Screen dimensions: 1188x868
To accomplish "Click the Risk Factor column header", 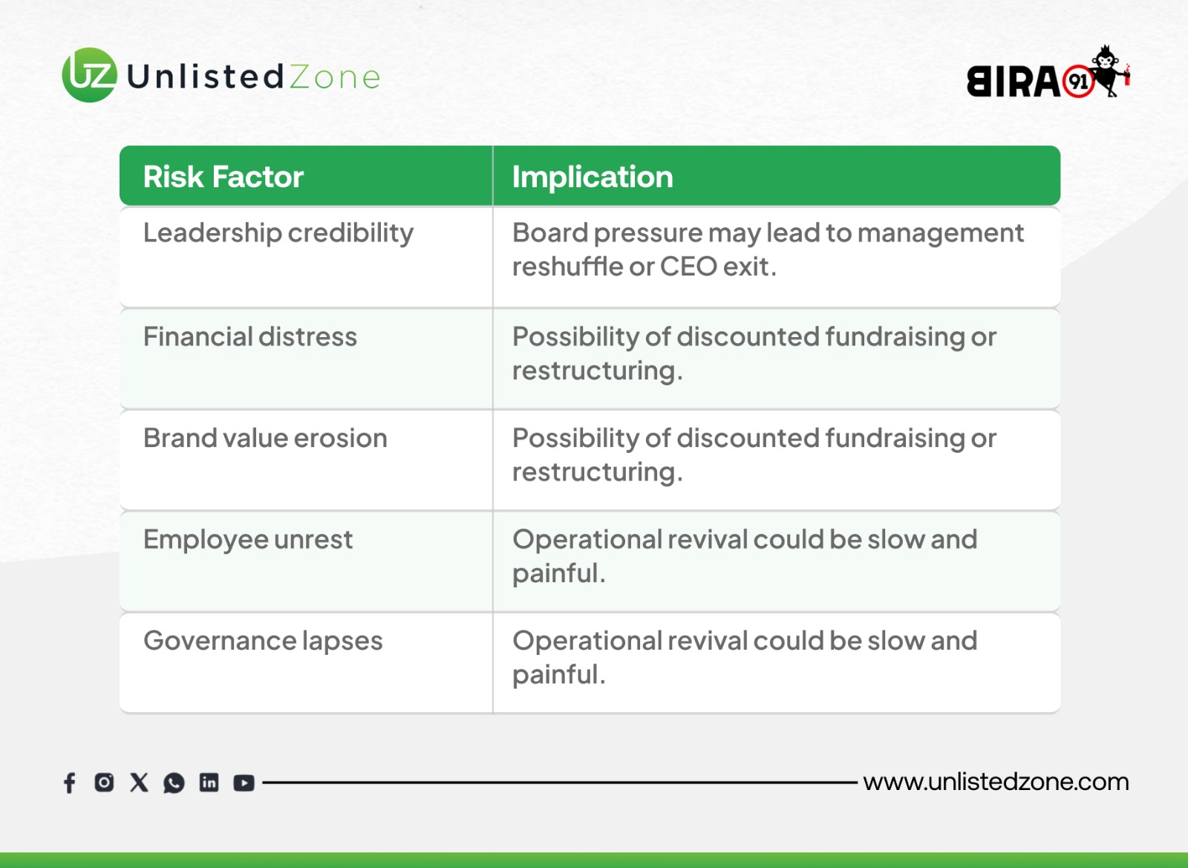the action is (x=223, y=177).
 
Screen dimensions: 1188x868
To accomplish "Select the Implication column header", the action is (x=593, y=177).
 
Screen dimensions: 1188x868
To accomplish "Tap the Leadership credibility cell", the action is (x=278, y=233).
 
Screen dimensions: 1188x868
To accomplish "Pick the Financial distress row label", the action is (x=250, y=336).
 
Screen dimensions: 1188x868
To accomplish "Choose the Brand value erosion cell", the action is (x=265, y=438).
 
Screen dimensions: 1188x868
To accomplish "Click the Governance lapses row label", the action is (x=263, y=642).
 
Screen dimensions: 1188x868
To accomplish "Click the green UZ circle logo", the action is (x=90, y=75).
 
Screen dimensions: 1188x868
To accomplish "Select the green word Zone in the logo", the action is (x=335, y=77).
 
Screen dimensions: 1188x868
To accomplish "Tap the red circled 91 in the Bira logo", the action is (x=1079, y=82).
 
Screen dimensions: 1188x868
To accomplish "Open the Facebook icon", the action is (x=70, y=783).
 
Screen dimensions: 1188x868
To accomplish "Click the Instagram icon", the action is (x=104, y=783).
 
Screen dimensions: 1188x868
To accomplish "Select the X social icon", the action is (x=139, y=783).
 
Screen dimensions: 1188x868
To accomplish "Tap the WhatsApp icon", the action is (x=174, y=783).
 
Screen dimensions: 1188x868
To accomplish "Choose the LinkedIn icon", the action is (x=209, y=783).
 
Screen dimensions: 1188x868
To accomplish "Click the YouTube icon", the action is (x=244, y=783).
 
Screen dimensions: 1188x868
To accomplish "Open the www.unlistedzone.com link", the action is (x=996, y=782).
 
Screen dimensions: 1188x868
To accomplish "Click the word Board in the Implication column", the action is (x=550, y=232).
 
